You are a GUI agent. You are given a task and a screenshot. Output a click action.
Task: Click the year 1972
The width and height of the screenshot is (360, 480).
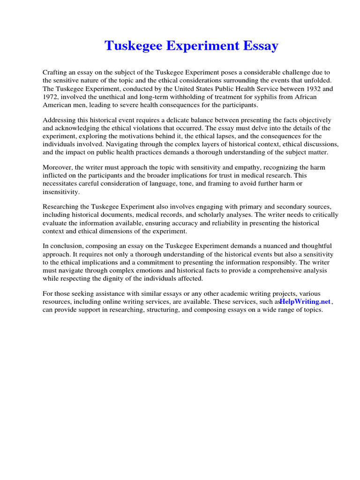pos(52,97)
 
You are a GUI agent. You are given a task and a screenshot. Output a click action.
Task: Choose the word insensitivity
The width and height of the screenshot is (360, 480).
pos(61,192)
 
